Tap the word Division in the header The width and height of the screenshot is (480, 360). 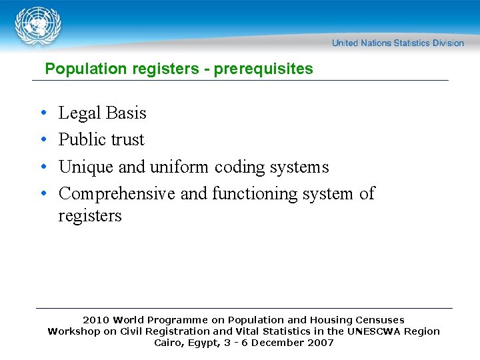[x=448, y=43]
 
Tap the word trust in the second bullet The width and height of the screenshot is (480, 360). [x=128, y=140]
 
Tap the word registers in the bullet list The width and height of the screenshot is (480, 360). [x=90, y=216]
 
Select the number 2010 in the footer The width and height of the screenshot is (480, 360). [x=97, y=320]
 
